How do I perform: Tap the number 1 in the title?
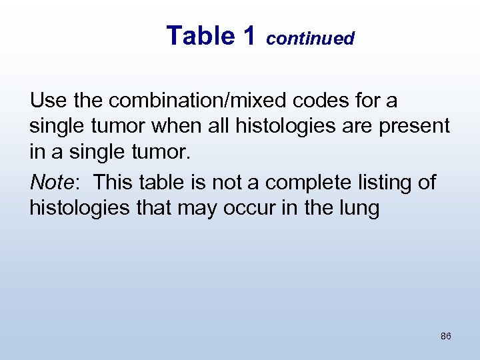249,36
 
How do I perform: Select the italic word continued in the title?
310,39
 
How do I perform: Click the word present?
415,127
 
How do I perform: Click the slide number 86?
446,336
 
